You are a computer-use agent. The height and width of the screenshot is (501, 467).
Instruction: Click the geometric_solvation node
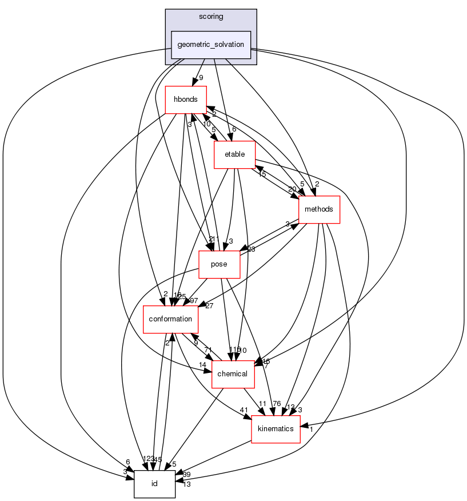(211, 45)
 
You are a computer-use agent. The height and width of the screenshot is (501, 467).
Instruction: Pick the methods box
(319, 209)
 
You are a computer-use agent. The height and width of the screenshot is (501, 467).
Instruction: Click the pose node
(219, 264)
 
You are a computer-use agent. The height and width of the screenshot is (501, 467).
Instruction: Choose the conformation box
(170, 319)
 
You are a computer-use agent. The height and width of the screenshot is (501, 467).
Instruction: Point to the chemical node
(233, 374)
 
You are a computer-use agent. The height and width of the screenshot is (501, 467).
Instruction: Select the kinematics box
(276, 428)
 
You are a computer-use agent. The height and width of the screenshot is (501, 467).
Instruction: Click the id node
(154, 484)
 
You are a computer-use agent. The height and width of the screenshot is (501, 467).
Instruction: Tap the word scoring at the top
(211, 17)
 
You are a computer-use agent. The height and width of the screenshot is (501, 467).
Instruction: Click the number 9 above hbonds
(201, 77)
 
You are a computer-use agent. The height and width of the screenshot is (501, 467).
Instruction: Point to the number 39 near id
(186, 474)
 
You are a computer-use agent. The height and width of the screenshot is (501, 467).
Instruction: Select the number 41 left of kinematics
(244, 410)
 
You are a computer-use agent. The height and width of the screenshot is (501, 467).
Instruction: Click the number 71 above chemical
(208, 349)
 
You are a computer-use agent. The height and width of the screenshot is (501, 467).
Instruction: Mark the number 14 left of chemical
(202, 364)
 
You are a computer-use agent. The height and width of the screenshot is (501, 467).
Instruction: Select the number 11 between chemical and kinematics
(262, 403)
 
